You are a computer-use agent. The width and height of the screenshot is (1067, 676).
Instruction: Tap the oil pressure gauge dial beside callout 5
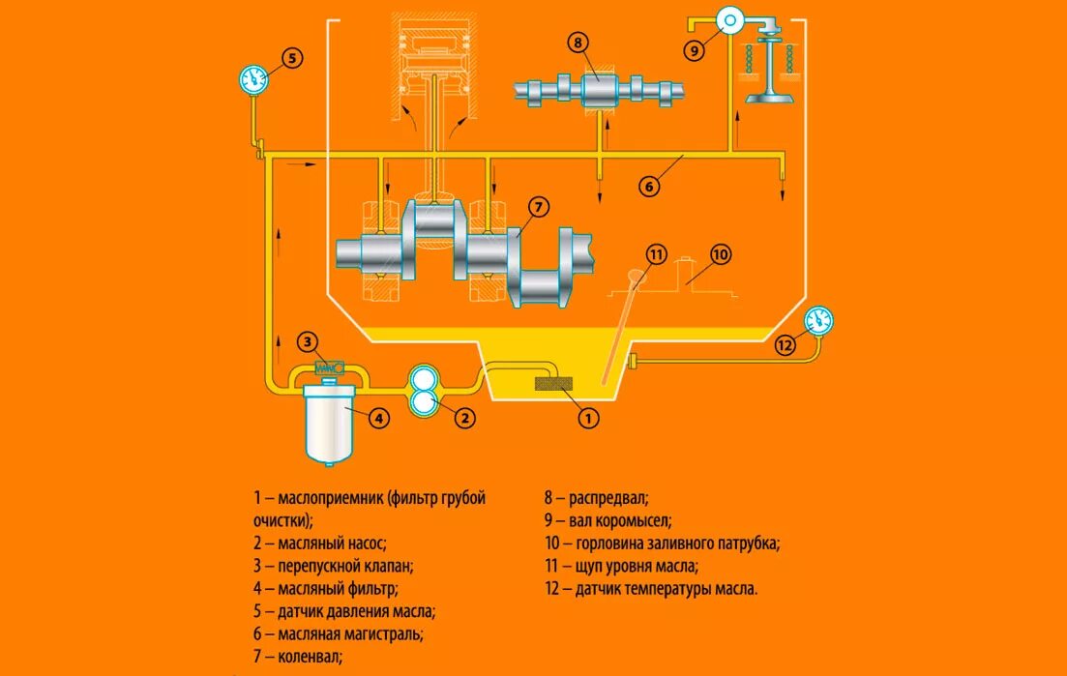coord(253,79)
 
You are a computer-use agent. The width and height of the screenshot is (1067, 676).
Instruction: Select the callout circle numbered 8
coord(578,43)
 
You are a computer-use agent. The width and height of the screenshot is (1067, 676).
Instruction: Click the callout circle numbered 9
coord(694,51)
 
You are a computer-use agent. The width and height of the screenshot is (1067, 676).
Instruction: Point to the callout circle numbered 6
coord(648,187)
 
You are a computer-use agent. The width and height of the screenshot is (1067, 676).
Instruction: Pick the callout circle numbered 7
coord(539,206)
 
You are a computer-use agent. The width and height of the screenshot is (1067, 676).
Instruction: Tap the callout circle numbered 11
coord(657,255)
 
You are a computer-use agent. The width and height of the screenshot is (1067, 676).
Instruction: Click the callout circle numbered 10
coord(721,255)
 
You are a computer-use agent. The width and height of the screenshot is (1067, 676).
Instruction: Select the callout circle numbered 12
coord(785,344)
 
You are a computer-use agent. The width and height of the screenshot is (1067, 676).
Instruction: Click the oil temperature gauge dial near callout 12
coord(819,320)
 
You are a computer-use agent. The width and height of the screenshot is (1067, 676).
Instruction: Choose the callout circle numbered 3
coord(307,341)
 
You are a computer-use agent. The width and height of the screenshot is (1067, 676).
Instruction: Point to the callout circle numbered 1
coord(588,419)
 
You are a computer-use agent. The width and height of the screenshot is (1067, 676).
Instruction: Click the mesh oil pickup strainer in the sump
coord(555,385)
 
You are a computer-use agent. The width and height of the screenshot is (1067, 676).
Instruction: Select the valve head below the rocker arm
coord(769,95)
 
